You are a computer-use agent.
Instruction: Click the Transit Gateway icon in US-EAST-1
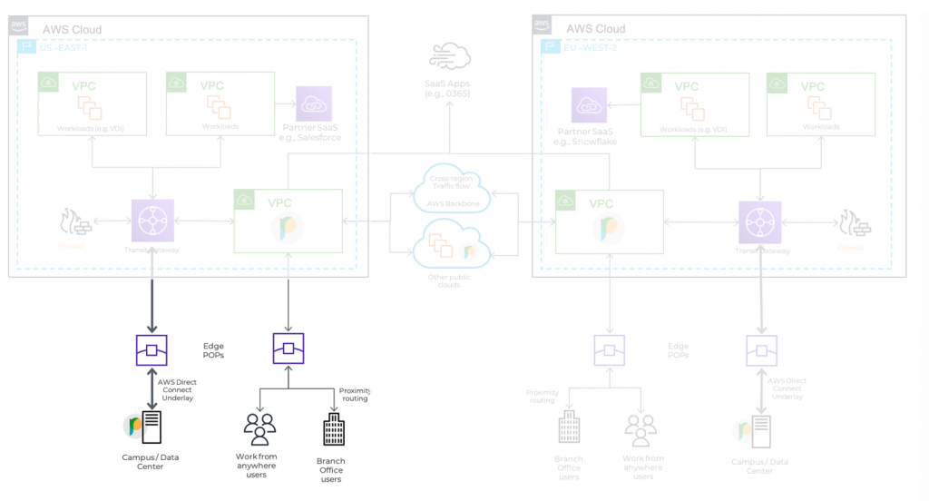pyautogui.click(x=151, y=221)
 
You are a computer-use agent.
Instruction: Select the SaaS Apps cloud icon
pyautogui.click(x=450, y=56)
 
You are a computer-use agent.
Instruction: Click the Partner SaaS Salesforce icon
pyautogui.click(x=314, y=104)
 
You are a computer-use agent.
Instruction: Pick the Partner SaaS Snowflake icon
pyautogui.click(x=589, y=105)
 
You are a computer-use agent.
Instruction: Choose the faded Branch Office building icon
pyautogui.click(x=569, y=429)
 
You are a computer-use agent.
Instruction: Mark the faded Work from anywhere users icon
pyautogui.click(x=641, y=430)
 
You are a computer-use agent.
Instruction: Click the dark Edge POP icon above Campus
pyautogui.click(x=152, y=349)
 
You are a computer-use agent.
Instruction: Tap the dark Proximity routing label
pyautogui.click(x=355, y=394)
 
